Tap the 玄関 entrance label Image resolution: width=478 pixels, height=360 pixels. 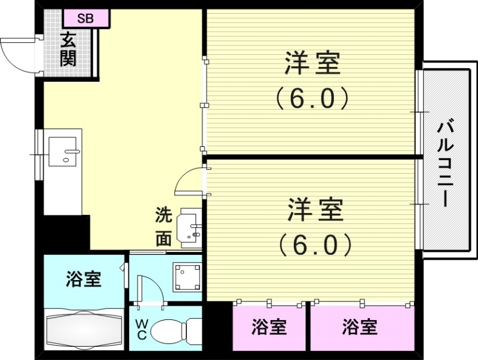tap(69, 50)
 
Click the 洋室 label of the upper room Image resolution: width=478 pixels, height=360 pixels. tap(312, 64)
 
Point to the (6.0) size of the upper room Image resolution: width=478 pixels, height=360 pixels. tap(312, 98)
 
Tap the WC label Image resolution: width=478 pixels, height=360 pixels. tap(141, 330)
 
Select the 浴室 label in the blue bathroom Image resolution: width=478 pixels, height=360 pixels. tap(83, 279)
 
